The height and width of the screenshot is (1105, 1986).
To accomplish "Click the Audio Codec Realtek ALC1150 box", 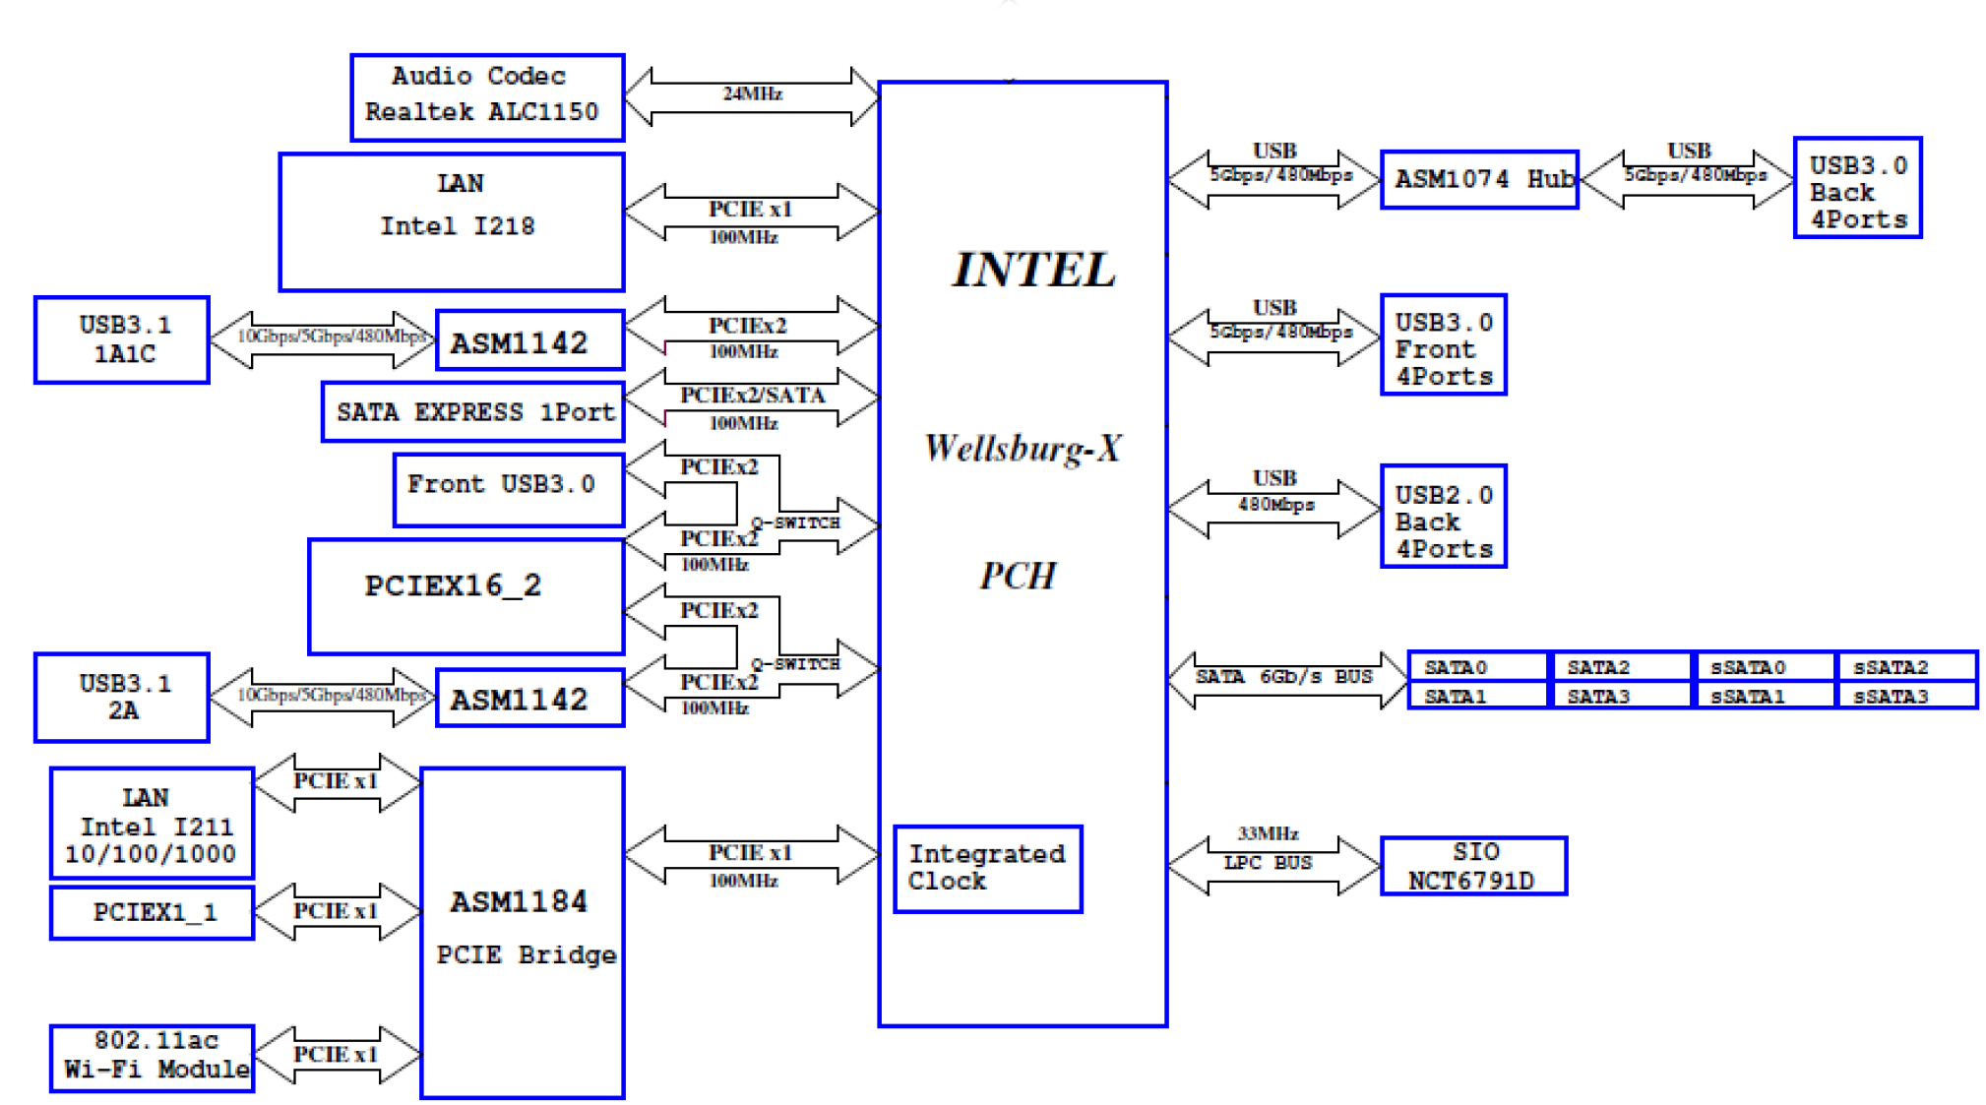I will pos(487,96).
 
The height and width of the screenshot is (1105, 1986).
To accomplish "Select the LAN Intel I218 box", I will pos(452,221).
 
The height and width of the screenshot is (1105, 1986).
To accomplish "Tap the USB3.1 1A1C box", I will pos(122,339).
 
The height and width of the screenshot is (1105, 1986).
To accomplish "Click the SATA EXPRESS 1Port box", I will pos(473,411).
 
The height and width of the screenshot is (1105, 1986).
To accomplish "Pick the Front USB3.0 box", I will pos(509,489).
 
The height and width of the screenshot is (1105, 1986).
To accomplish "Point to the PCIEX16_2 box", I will pos(465,596).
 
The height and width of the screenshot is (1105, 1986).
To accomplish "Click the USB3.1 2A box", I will pos(122,697).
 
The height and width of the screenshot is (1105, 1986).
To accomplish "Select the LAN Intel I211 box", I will pos(152,824).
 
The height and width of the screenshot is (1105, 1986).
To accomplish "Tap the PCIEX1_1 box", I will pos(152,912).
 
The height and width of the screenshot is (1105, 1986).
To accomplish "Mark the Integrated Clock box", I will pos(987,869).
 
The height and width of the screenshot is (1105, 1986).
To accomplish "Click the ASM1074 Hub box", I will pos(1479,179).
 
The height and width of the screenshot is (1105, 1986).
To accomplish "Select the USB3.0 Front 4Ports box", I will pos(1443,344).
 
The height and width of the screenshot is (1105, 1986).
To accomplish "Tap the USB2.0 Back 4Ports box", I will pos(1443,517).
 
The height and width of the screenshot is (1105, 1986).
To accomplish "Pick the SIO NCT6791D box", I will pos(1473,866).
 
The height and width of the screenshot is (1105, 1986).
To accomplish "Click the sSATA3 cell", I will pos(1905,696).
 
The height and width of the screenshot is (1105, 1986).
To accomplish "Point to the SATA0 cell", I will pos(1476,667).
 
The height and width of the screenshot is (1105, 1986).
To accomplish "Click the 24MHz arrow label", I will pos(752,94).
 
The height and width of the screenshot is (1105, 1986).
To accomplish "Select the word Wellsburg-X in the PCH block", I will pos(1023,449).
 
